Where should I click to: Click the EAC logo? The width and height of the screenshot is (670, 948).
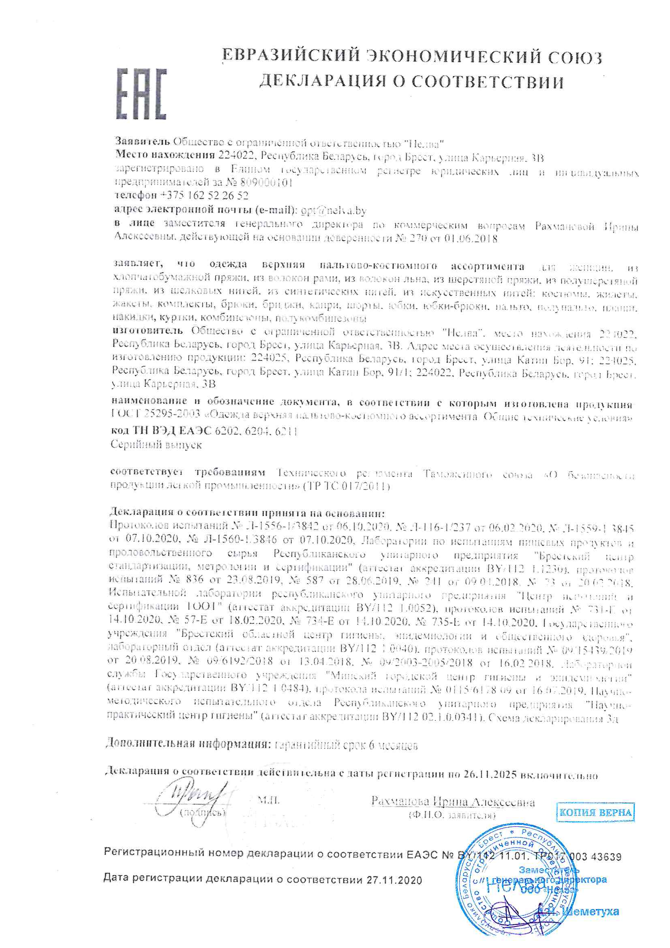pyautogui.click(x=141, y=94)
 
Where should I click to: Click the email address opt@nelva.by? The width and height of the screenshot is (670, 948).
pyautogui.click(x=334, y=210)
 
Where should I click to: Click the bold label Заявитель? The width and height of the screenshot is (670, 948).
pyautogui.click(x=142, y=142)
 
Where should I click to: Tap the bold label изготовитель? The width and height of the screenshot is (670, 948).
pyautogui.click(x=148, y=331)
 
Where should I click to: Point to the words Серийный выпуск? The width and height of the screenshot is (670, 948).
pyautogui.click(x=156, y=445)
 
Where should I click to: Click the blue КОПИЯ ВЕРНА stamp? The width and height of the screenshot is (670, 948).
pyautogui.click(x=595, y=813)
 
